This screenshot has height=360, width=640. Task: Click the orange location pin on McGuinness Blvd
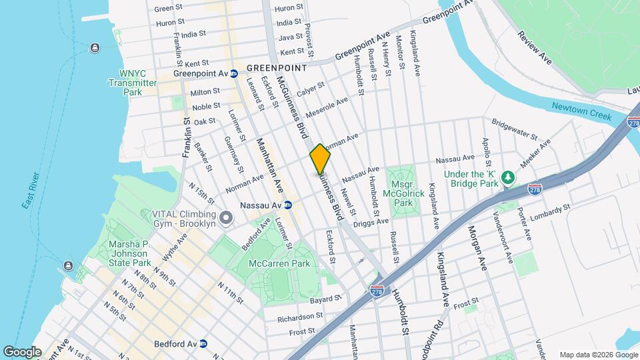coord(320,159)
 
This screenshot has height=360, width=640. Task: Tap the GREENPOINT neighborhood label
coord(276,68)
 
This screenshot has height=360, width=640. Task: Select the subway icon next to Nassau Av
coord(288,205)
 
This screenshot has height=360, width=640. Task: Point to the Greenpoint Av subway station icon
coord(233,73)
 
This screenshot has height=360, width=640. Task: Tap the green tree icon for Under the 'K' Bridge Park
coord(508,177)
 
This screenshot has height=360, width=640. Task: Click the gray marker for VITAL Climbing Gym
coord(226,218)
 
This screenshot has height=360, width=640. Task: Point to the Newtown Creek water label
coord(581,111)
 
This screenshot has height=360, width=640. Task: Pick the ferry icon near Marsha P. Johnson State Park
coord(69,267)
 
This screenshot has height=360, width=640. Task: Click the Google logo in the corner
coord(22,351)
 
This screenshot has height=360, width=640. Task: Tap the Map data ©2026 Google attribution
coord(597,354)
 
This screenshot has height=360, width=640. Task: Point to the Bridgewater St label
coord(515,128)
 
